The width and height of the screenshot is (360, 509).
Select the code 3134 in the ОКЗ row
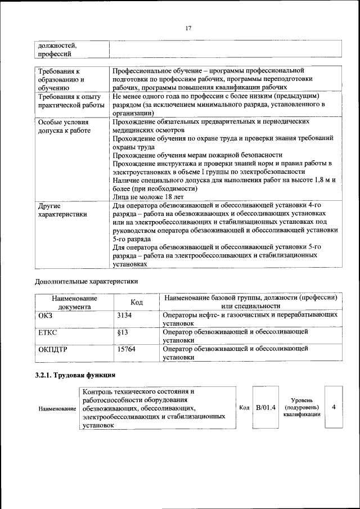(124, 316)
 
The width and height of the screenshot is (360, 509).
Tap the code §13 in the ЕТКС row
(121, 332)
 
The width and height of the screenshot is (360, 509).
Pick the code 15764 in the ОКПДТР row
(126, 349)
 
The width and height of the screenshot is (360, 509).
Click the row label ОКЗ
(45, 316)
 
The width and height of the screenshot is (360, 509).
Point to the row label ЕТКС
(48, 332)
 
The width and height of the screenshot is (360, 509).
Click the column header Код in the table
(137, 302)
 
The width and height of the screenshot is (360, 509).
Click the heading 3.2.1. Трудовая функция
(75, 375)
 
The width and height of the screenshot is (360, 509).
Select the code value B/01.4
(265, 407)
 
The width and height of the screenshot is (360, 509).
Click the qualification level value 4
(334, 407)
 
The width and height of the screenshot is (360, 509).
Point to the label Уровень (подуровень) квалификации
(302, 407)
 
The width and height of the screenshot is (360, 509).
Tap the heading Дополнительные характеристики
(86, 280)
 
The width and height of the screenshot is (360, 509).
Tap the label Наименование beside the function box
(57, 408)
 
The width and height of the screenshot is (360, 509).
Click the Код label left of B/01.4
(244, 407)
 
